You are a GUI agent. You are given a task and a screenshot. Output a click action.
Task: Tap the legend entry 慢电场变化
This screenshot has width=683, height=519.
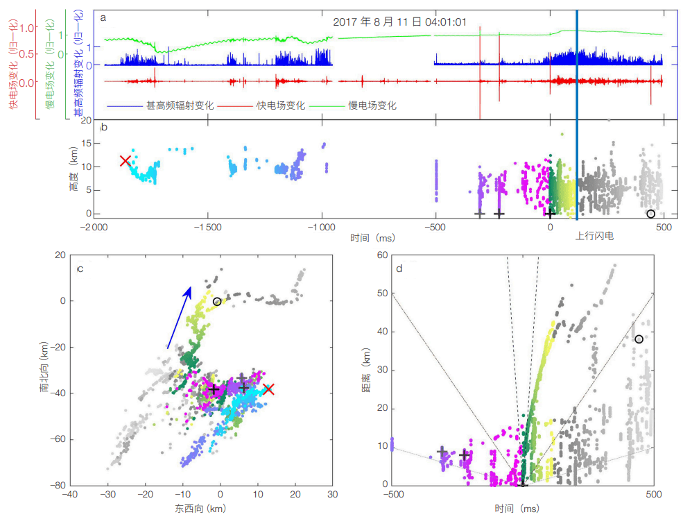click(372, 106)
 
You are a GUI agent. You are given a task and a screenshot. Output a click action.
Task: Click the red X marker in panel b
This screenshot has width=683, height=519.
click(125, 161)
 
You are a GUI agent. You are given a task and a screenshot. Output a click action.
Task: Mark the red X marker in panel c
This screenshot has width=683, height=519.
click(269, 389)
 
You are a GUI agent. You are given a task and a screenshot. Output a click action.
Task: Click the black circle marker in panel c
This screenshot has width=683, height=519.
click(217, 302)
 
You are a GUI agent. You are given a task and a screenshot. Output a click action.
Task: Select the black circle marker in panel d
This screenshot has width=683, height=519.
click(639, 339)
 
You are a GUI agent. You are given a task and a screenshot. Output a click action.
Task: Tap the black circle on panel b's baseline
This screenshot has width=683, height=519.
click(650, 214)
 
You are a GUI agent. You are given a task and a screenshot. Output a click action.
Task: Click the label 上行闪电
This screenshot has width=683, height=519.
click(594, 236)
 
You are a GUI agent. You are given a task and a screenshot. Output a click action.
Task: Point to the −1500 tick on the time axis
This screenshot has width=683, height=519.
click(207, 228)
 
